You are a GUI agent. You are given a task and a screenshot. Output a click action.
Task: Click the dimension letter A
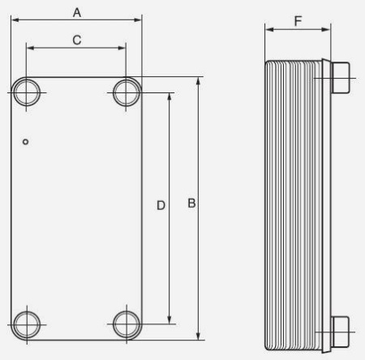coord(77,13)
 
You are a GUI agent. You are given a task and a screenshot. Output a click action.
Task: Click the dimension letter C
coord(77,40)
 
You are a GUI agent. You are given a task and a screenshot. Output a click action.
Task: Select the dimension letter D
coord(161,206)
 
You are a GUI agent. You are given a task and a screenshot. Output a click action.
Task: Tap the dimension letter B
coord(191,204)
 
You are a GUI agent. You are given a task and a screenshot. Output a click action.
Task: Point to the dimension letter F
coord(298,21)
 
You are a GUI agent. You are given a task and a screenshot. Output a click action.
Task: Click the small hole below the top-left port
coord(26,142)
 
